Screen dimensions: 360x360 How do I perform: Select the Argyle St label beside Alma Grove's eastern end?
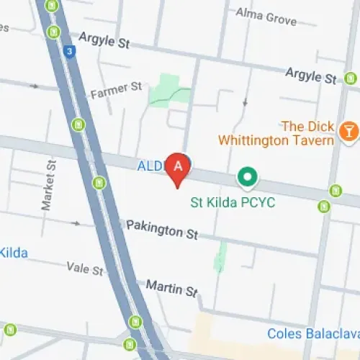310,75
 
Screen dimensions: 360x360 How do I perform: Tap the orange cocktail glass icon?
348,130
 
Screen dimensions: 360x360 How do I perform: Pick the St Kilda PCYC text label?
233,202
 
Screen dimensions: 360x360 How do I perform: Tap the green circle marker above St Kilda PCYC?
248,176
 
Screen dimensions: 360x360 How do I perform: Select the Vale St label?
85,269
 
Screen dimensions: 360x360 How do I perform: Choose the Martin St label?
171,287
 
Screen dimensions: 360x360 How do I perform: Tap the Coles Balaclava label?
312,333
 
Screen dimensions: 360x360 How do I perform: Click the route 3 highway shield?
68,52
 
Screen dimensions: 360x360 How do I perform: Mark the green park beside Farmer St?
168,89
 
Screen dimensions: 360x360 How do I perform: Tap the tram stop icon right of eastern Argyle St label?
351,77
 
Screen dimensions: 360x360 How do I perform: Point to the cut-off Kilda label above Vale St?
13,252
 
